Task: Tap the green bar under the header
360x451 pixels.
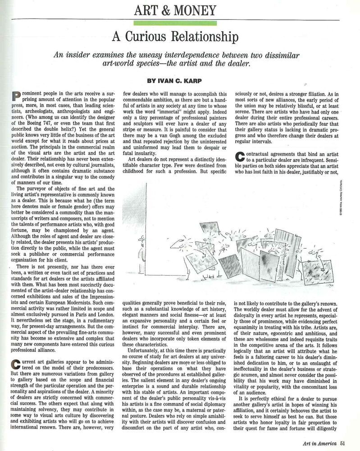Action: click(x=175, y=23)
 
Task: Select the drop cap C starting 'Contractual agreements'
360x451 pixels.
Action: click(x=240, y=156)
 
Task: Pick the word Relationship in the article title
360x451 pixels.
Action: click(x=211, y=37)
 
